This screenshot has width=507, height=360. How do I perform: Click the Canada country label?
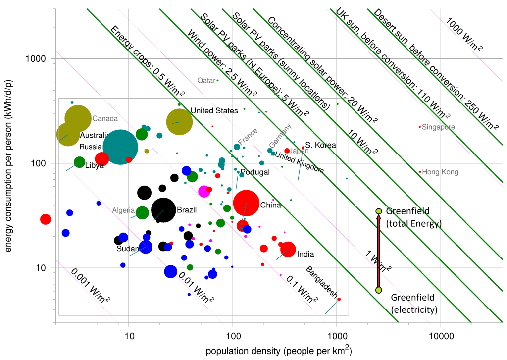105,119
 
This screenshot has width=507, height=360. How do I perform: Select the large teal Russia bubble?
120,147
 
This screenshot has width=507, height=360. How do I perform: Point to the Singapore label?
438,127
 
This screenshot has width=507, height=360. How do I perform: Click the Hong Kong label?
440,172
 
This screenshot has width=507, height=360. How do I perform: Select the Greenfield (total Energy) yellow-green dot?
379,211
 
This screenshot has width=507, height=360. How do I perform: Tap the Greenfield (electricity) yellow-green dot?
379,290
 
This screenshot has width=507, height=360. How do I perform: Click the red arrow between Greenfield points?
379,250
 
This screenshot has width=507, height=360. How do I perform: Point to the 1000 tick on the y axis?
35,58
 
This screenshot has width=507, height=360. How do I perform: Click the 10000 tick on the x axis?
441,337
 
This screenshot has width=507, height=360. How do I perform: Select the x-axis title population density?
279,351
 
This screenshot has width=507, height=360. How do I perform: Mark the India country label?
305,255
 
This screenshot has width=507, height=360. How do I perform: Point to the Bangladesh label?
321,281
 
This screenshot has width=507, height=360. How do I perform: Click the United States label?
214,111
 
